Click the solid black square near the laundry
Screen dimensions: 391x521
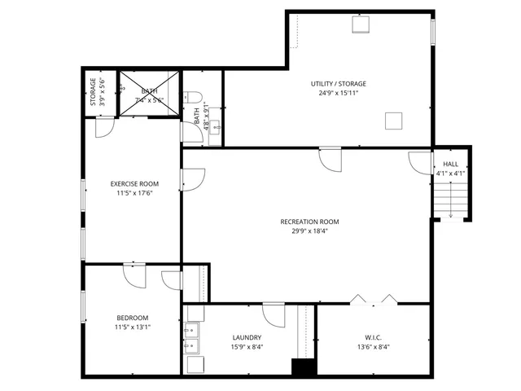point(304,367)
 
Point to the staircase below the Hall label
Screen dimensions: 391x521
point(450,199)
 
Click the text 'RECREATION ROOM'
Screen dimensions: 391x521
point(309,222)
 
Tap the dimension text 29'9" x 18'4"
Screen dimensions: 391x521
point(309,231)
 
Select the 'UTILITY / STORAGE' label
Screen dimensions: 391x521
point(338,84)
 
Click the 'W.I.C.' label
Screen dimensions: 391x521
point(373,337)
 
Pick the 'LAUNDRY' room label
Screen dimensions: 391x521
point(247,337)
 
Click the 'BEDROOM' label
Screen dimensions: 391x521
point(133,318)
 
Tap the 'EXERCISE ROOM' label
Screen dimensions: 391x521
point(134,184)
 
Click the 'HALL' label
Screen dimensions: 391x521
point(450,164)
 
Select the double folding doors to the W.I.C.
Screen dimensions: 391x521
point(373,299)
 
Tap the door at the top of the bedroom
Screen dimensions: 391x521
point(133,275)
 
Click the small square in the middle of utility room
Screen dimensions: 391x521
point(394,121)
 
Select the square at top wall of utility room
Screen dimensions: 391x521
point(360,24)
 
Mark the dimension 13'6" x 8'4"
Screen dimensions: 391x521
point(373,347)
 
